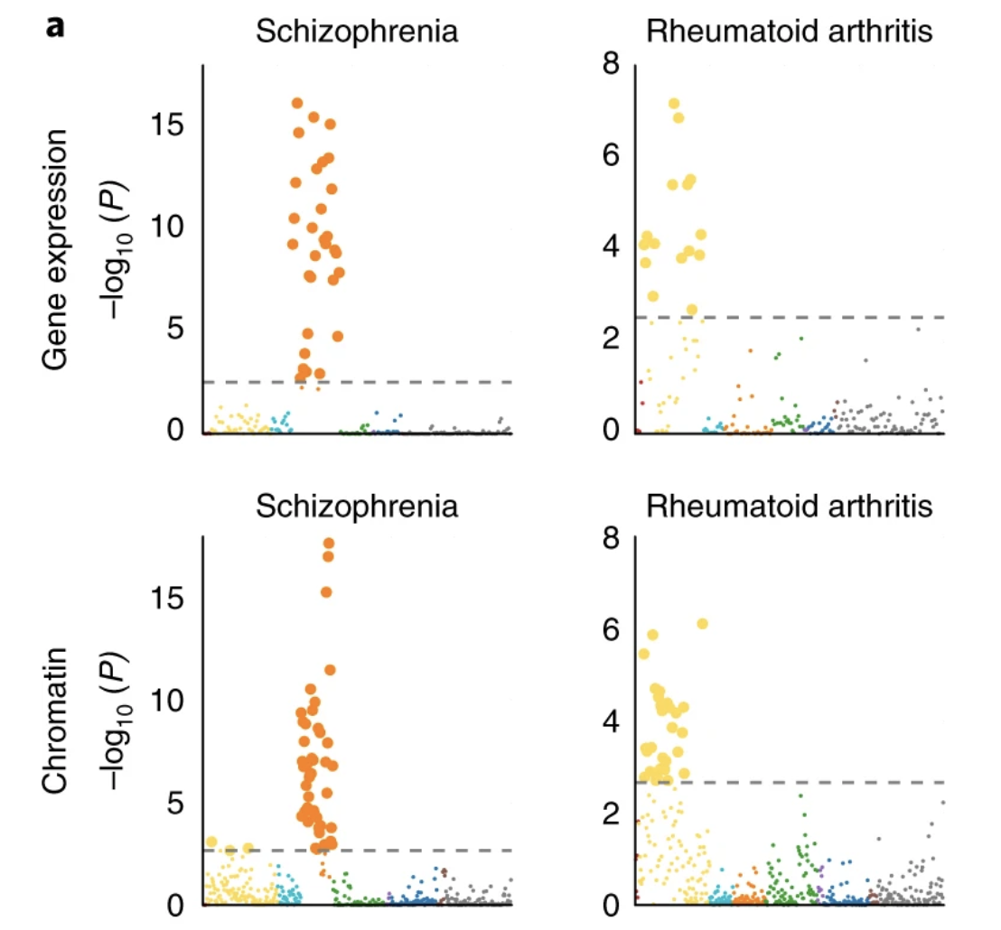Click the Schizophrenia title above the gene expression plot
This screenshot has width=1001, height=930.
[x=357, y=32]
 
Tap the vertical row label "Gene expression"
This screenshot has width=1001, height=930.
[x=58, y=247]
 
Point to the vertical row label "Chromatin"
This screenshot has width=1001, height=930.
[x=58, y=722]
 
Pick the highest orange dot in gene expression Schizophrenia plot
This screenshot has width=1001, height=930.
[x=297, y=103]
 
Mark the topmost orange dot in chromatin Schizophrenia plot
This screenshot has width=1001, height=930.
[x=329, y=544]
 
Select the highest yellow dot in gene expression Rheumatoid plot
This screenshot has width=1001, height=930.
[x=673, y=104]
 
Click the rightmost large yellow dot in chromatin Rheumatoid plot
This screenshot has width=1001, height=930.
[x=703, y=624]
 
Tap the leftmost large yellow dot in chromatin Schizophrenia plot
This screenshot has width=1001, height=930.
[x=212, y=842]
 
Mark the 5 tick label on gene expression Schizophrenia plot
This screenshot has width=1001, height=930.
[x=177, y=329]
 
